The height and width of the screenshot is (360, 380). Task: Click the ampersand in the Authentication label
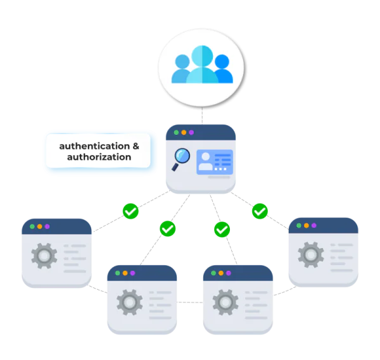pos(135,146)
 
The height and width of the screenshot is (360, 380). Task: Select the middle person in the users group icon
pos(202,65)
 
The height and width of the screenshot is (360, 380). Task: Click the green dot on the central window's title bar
pos(176,132)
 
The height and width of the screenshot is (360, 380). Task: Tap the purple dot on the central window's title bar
pos(191,132)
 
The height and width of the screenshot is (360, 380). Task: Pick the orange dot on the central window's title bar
pos(184,132)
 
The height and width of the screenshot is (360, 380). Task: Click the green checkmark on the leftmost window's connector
pos(130,211)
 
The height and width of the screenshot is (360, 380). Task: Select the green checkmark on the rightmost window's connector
pos(260,211)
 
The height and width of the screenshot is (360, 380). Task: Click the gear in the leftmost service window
pos(44,256)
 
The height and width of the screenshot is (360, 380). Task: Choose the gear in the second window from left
pos(130,302)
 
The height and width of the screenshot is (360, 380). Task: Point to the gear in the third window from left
pos(225,302)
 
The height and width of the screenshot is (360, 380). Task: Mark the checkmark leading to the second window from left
pos(167,228)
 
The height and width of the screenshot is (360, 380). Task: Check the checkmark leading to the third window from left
pos(222,228)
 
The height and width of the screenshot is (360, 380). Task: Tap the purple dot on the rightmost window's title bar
pos(313,225)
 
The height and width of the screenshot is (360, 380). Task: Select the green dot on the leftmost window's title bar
pos(32,226)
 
